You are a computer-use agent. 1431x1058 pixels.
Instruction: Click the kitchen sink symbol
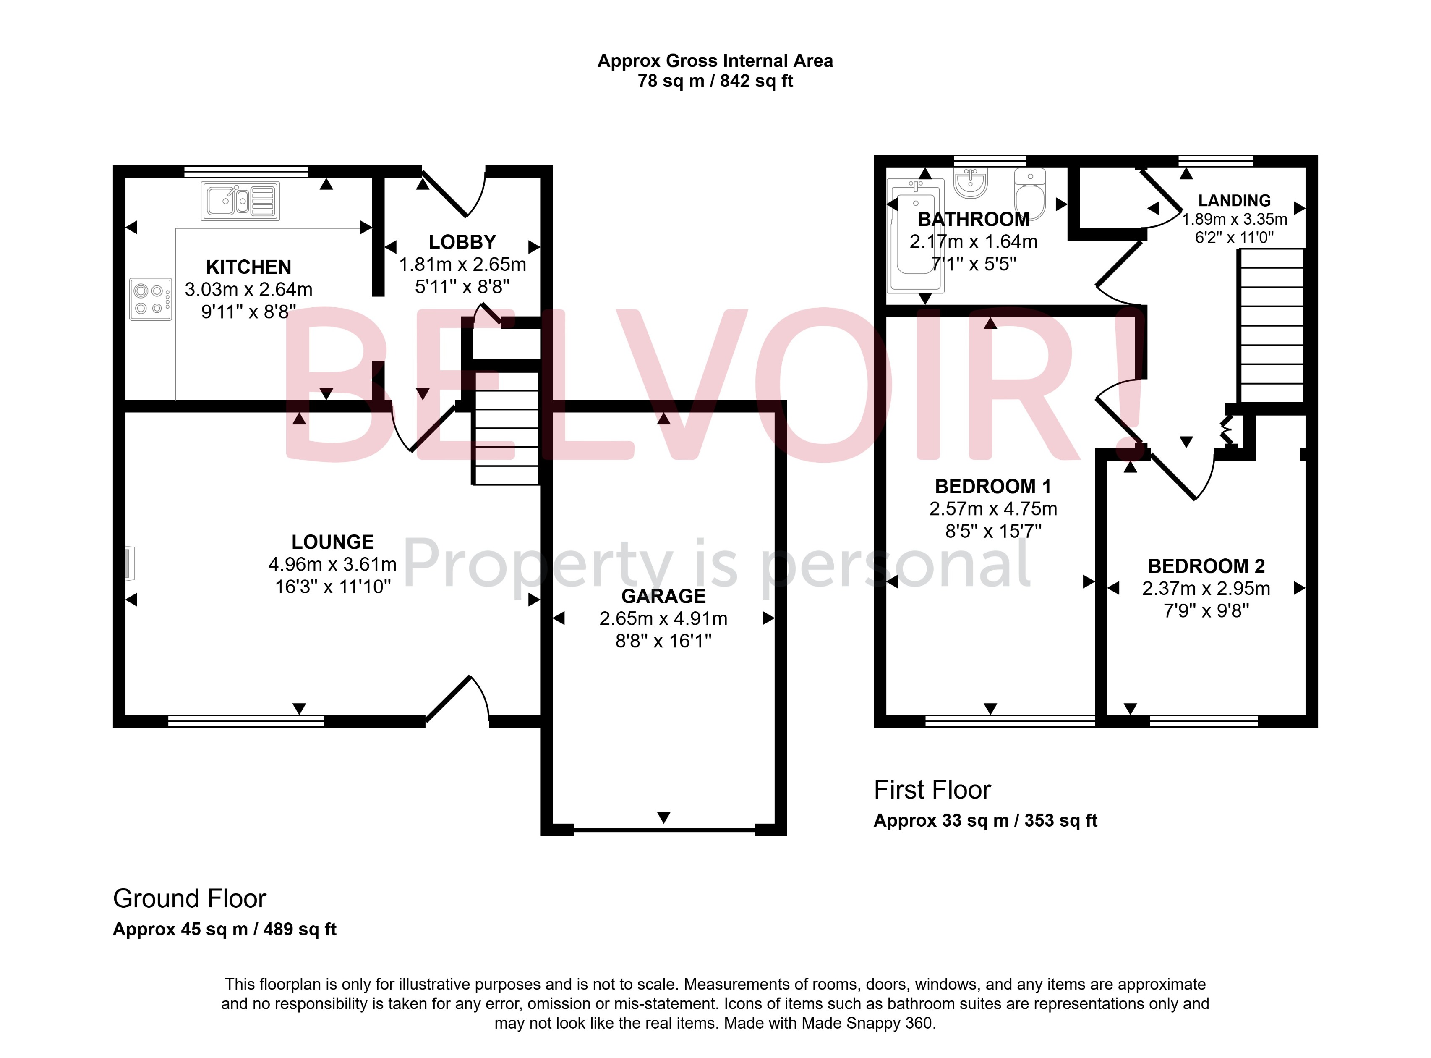(x=240, y=201)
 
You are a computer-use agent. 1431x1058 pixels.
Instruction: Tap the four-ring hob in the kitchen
(x=150, y=299)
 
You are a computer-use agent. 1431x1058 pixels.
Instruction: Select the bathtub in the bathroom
(x=915, y=235)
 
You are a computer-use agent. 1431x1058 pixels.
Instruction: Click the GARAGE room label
(x=663, y=596)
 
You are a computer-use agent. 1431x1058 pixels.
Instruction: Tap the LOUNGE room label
(x=332, y=542)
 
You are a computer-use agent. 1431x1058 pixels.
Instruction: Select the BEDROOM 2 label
(x=1206, y=566)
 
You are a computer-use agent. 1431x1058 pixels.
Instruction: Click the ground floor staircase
(x=506, y=428)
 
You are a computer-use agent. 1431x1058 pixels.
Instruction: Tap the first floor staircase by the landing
(x=1271, y=325)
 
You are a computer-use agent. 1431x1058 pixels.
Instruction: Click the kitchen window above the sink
(x=246, y=171)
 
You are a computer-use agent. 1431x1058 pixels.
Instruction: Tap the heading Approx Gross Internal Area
(x=715, y=61)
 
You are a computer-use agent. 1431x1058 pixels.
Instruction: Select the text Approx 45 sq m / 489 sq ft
(x=225, y=929)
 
